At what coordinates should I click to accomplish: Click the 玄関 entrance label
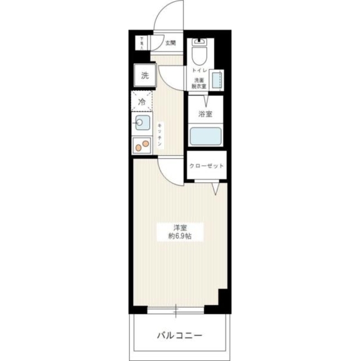tap(171, 43)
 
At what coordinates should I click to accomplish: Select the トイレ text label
tap(199, 71)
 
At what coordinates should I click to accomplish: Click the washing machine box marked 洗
tap(145, 76)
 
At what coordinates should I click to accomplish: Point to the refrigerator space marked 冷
tap(143, 102)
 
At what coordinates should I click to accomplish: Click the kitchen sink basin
tap(141, 122)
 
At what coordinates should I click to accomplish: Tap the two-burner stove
tap(143, 146)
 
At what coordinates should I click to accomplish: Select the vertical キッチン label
tap(160, 135)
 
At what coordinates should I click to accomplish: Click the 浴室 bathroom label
tap(205, 115)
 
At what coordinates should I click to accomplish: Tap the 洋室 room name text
tap(180, 228)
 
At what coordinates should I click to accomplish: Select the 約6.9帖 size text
tap(180, 236)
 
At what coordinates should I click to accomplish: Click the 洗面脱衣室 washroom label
tap(198, 83)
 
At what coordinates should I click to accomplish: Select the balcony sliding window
tap(176, 309)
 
